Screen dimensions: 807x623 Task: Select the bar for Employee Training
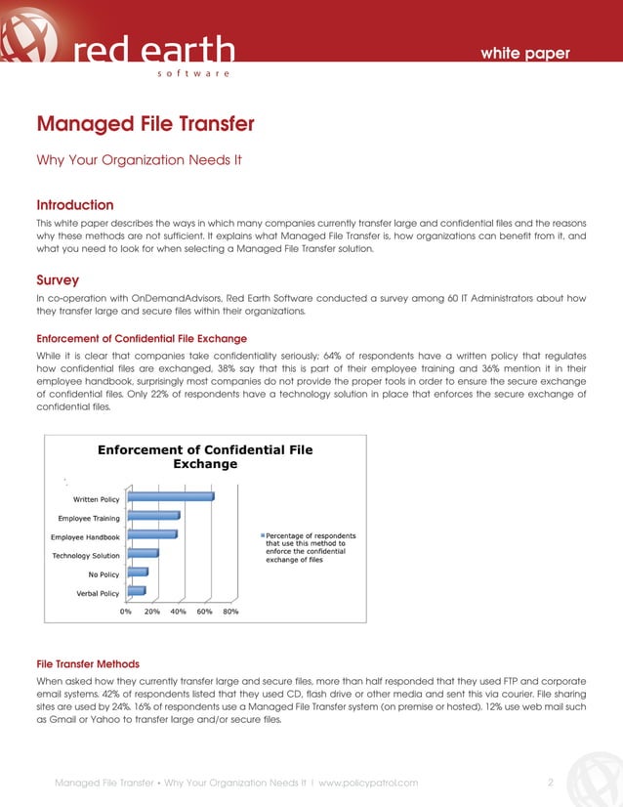[x=153, y=516]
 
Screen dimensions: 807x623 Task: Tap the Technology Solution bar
[x=143, y=554]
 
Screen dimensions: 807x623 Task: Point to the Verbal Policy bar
[x=136, y=591]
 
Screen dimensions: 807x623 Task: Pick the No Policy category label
[x=104, y=574]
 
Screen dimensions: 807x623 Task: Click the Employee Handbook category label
[x=85, y=536]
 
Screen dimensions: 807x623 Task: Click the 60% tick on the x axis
[x=205, y=612]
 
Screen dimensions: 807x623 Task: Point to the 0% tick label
[x=126, y=612]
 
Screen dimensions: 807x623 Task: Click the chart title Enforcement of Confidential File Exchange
[x=205, y=456]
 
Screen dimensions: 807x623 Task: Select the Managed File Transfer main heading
[x=145, y=124]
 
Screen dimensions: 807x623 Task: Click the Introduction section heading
[x=75, y=205]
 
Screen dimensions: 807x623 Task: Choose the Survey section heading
[x=58, y=280]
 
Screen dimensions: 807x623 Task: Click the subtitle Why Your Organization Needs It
[x=139, y=158]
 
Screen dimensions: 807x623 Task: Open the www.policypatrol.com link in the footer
[x=368, y=783]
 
